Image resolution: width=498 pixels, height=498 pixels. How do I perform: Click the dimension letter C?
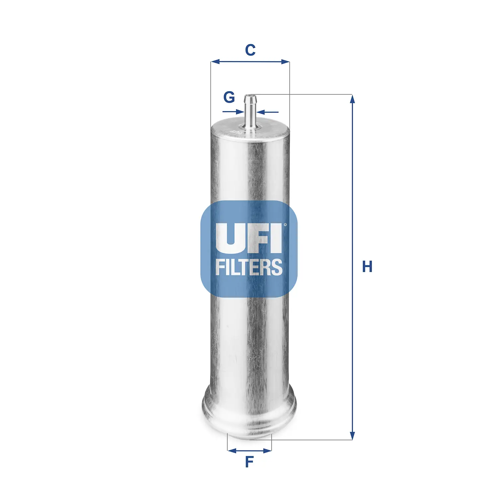250,50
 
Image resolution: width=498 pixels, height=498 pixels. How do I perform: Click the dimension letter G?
229,97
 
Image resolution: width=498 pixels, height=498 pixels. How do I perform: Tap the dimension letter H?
367,267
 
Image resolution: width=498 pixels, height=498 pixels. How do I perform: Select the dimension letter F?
249,462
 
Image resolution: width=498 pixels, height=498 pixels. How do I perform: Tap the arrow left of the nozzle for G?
240,112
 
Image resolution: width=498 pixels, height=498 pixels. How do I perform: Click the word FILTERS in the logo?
249,267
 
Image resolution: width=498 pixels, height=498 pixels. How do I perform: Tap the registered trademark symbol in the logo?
285,225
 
